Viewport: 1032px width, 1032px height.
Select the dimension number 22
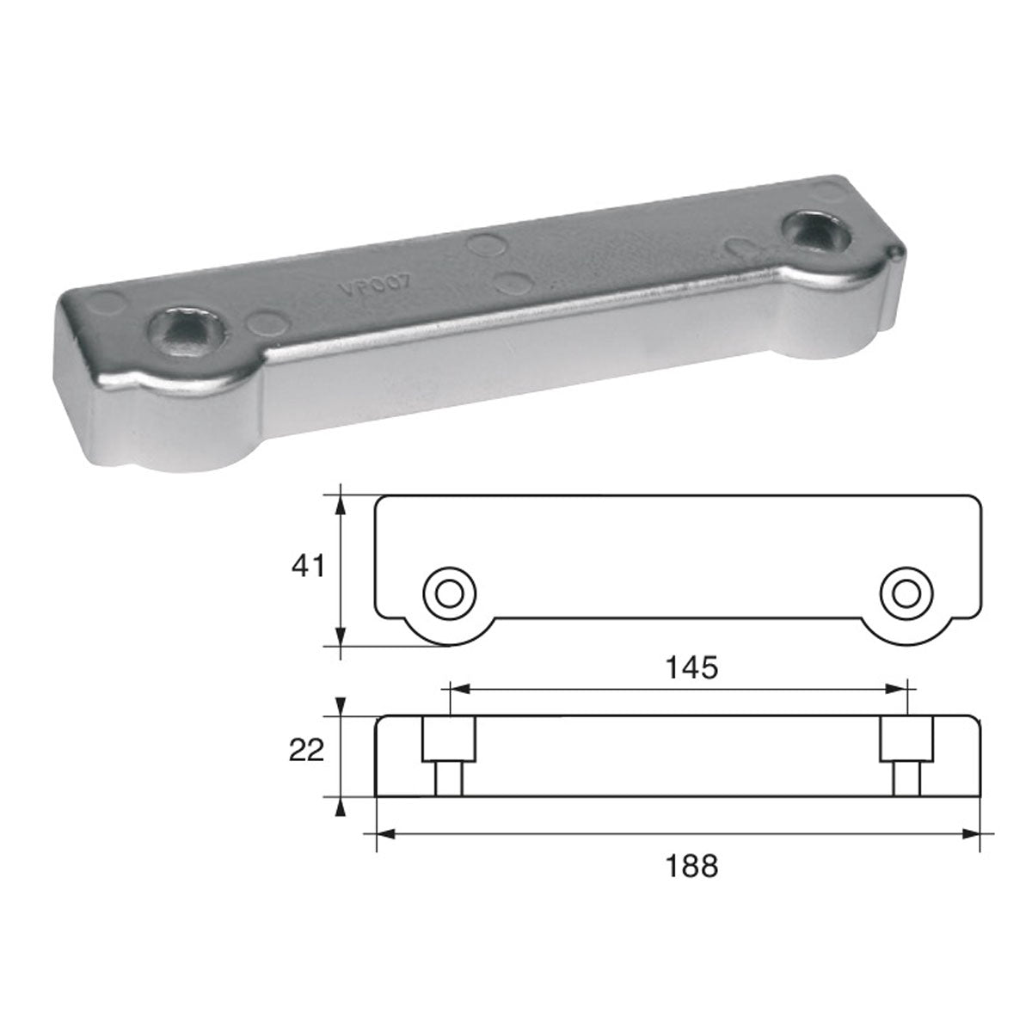[x=307, y=751]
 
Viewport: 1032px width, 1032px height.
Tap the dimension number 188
[x=694, y=866]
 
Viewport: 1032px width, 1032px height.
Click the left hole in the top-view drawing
[x=448, y=592]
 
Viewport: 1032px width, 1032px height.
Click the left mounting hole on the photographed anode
[x=186, y=326]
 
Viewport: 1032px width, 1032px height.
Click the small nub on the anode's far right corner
[x=896, y=250]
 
